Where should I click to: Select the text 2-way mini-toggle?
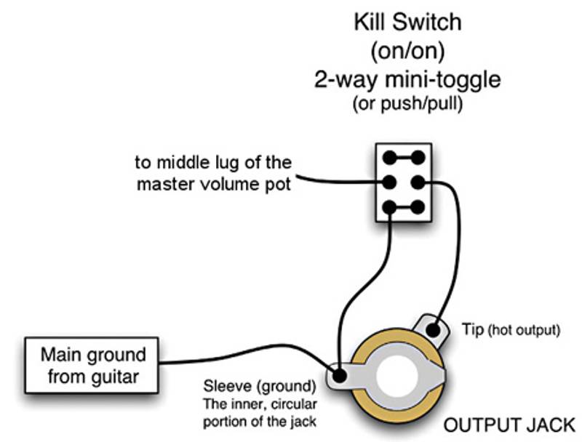407,79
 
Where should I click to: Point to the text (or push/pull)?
407,104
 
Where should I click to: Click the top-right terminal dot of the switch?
418,156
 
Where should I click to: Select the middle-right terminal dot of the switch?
418,182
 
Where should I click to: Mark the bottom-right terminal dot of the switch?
418,207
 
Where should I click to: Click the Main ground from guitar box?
93,366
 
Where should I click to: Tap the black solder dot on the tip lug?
435,331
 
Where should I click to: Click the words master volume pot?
214,185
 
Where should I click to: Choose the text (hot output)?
524,330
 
